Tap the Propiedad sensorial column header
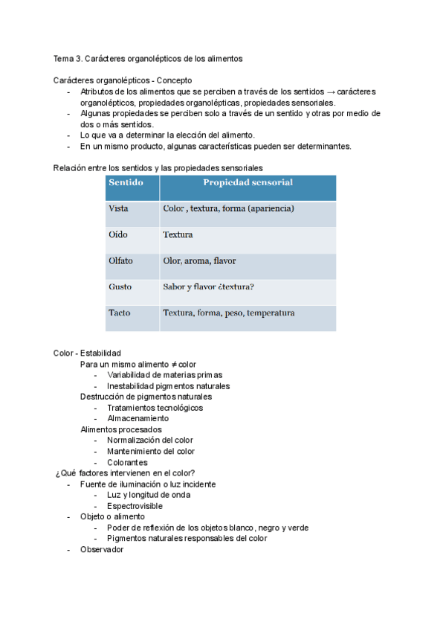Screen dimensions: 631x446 [248, 183]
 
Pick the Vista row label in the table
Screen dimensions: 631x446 [118, 209]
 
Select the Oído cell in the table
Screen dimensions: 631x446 [117, 235]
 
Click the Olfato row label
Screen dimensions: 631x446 [120, 261]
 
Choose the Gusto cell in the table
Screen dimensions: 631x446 [120, 287]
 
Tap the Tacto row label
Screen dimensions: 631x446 [119, 313]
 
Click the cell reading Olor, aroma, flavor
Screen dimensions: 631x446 [199, 261]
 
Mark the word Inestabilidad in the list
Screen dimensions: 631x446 [132, 386]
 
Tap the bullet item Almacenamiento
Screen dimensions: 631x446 [138, 418]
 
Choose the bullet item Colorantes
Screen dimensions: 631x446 [127, 462]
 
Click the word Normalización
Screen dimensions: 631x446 [135, 441]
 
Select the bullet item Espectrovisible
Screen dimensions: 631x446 [135, 506]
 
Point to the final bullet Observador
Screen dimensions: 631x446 [102, 549]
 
